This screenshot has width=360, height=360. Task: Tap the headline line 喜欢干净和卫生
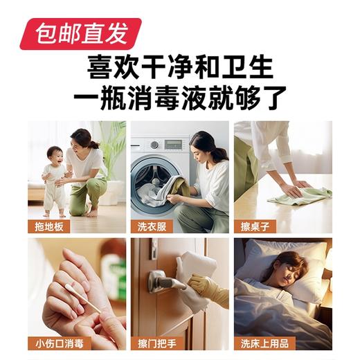pyautogui.click(x=180, y=66)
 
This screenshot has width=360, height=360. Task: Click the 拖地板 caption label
pyautogui.click(x=47, y=226)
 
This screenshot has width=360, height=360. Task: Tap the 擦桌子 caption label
pyautogui.click(x=252, y=226)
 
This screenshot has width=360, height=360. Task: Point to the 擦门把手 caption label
pyautogui.click(x=154, y=343)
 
